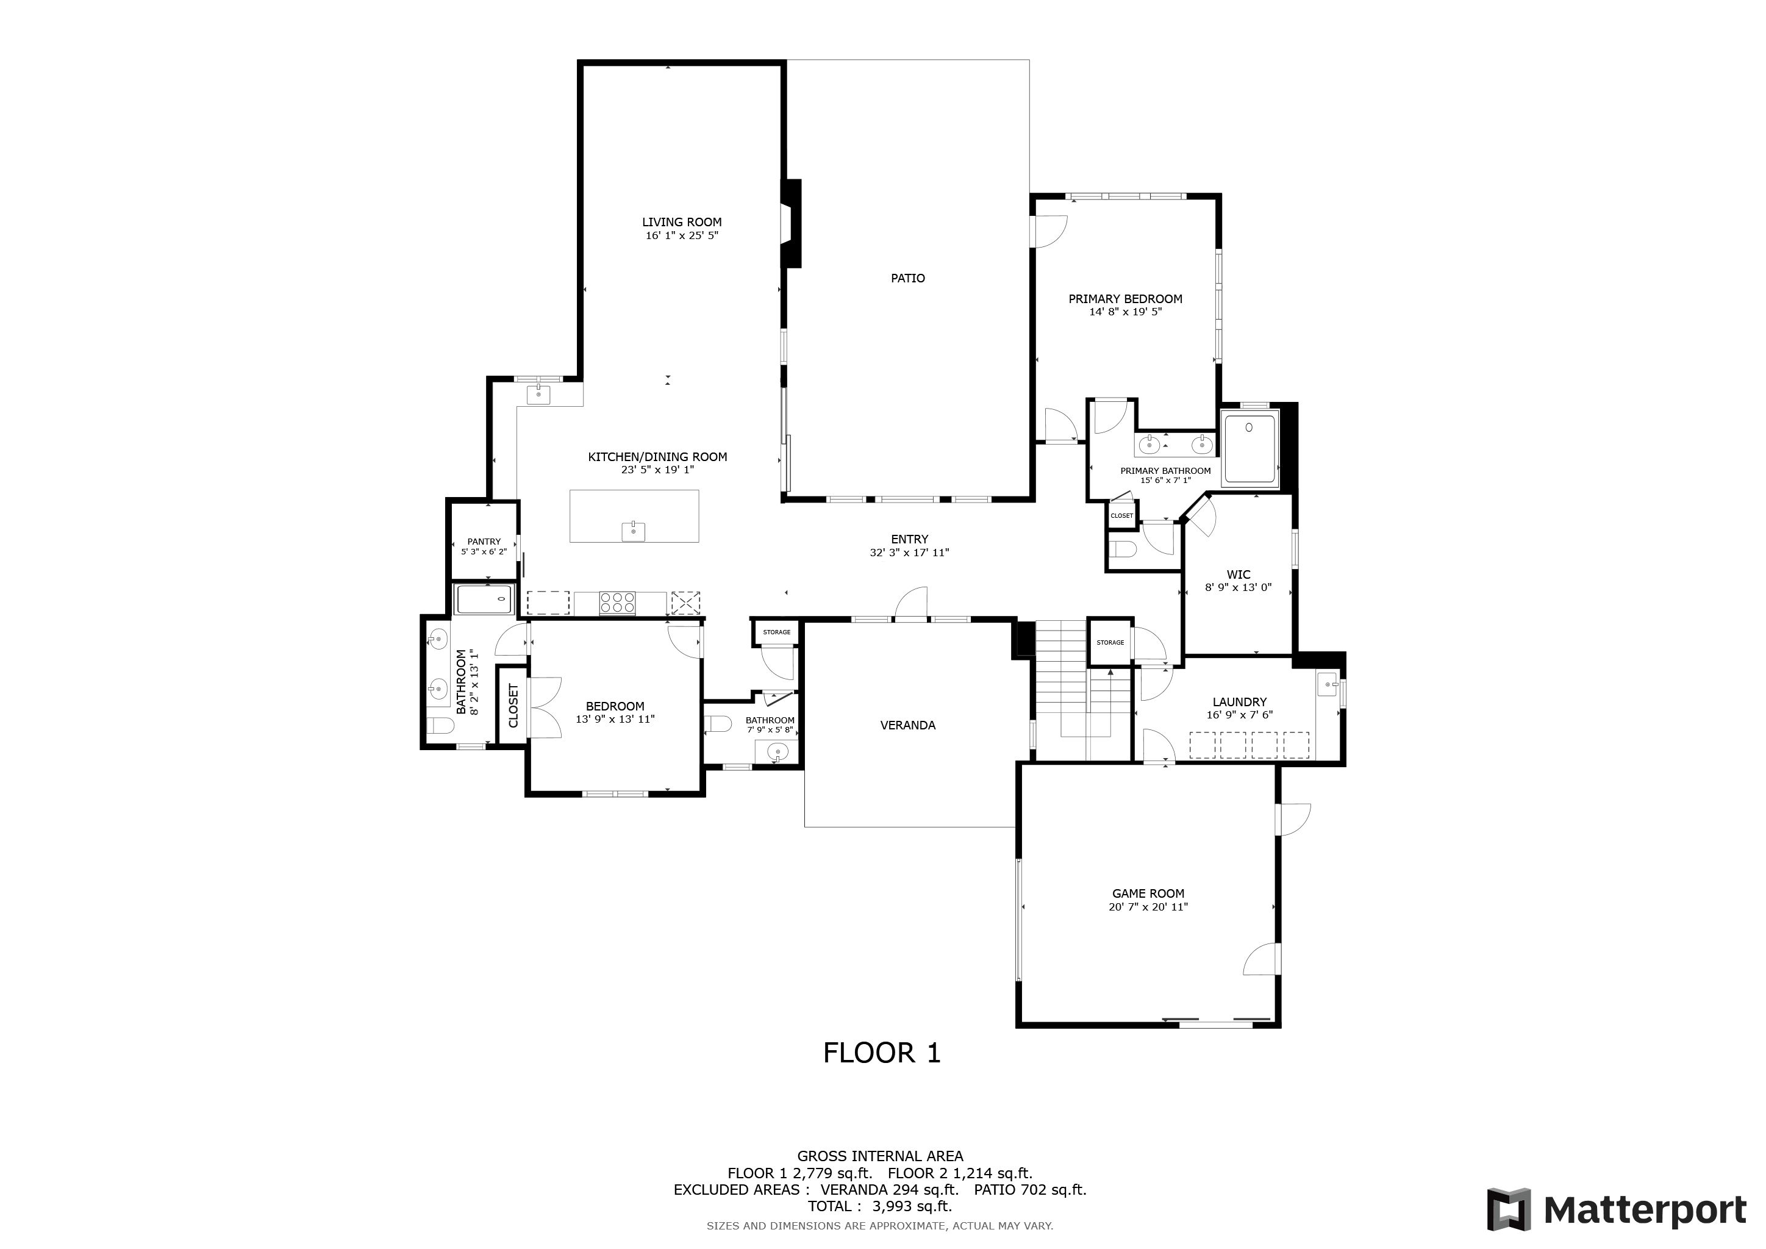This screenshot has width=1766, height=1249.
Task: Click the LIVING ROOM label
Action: coord(682,222)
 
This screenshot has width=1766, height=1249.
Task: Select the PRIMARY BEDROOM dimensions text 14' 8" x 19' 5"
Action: coord(1125,312)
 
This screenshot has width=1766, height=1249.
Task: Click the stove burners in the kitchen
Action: coord(618,602)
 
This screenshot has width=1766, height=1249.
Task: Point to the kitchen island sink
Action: coord(634,531)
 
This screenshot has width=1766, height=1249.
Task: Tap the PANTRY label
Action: coord(484,542)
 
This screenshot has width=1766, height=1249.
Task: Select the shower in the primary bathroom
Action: coord(1250,449)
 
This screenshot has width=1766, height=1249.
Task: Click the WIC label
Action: coord(1239,574)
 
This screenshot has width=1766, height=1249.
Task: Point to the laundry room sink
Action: coord(1328,684)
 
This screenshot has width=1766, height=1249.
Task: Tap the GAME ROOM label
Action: coord(1148,893)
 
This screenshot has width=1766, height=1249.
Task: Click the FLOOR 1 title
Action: coord(882,1053)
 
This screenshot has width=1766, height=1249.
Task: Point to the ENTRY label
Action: coord(910,540)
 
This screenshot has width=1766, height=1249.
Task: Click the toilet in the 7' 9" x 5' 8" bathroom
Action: coord(718,725)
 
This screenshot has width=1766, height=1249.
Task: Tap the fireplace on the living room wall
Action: coord(791,224)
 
